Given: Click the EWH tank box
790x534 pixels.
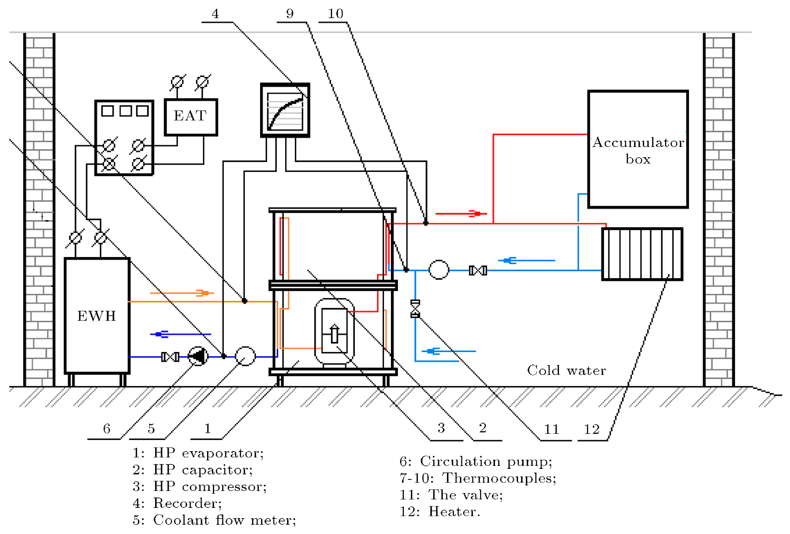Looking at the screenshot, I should (97, 316).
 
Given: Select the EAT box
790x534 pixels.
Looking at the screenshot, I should (190, 117).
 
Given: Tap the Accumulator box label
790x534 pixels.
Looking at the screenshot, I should (638, 150).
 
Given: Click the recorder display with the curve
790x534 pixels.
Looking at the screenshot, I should (285, 110).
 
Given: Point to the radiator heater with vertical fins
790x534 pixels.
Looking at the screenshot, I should (642, 254).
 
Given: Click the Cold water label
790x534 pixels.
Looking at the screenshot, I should (566, 370).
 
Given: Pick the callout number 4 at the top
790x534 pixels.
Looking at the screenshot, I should (215, 14).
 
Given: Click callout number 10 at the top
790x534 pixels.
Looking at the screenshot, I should (335, 14).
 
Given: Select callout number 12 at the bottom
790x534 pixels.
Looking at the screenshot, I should (592, 429).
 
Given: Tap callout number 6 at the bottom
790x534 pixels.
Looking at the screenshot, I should (106, 429).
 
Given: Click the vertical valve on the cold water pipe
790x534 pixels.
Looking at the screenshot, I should (415, 309).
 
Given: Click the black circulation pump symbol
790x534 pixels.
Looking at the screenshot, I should (198, 356).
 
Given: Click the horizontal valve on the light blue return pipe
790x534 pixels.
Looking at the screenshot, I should (478, 270).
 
